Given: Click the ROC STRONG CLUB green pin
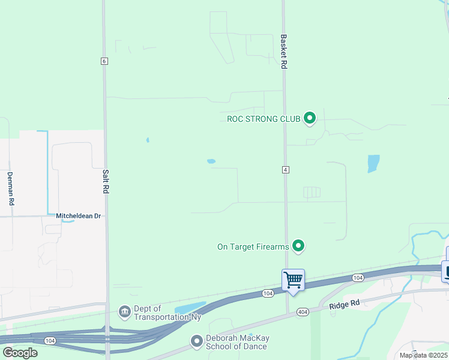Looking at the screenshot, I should pos(310,118).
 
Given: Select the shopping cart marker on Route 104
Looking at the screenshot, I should pos(293,280).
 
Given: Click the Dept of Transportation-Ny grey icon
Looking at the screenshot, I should pos(125,312).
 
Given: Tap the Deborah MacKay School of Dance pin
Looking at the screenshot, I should pos(196,341).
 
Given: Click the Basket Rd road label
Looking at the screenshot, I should pos(283,52).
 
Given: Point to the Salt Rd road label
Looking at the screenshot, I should pos(106,179).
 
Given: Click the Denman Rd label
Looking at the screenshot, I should pos(11,189).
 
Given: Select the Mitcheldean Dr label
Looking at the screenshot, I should pos(79,215).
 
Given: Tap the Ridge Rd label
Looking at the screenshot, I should pos(345,304).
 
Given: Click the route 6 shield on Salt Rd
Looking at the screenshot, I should pos(104,61).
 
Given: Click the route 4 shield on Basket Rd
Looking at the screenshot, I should pos(286,170).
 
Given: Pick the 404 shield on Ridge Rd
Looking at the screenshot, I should pos(302,312).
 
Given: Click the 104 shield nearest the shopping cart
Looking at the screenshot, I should pos(358,277).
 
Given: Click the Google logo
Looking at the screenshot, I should pos(20,353).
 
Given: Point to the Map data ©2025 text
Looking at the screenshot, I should pos(424,355).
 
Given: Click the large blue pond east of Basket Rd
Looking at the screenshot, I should pos(373,163).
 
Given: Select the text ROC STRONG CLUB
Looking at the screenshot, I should pos(264,119).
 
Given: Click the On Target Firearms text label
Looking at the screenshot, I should pos(253,247).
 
